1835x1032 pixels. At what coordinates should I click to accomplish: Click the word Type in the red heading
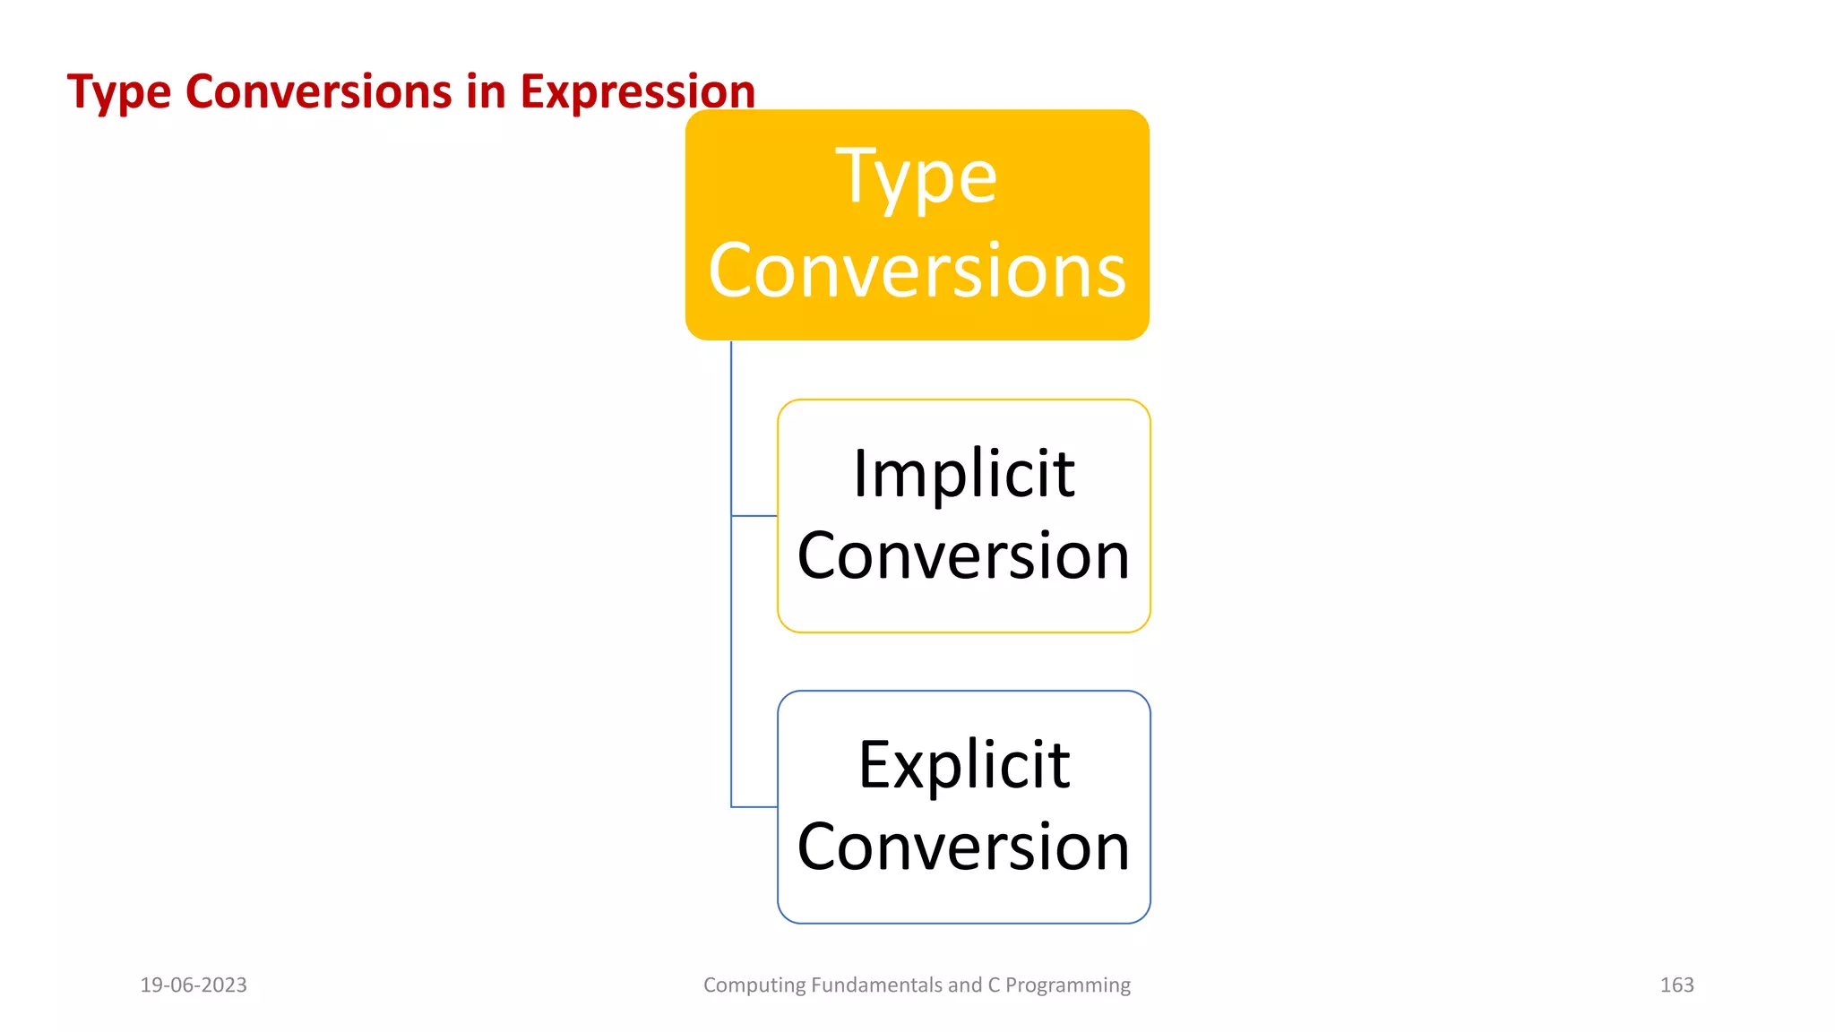point(118,93)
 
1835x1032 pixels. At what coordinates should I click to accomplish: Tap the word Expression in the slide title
point(637,93)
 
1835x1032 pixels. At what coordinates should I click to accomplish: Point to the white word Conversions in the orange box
point(917,271)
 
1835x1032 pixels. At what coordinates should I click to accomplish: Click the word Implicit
point(963,474)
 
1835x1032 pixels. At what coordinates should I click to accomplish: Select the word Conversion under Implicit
point(963,556)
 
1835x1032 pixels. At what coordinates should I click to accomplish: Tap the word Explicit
point(963,766)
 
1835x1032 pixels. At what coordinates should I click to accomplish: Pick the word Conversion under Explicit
point(963,847)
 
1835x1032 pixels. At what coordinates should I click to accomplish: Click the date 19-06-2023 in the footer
point(194,985)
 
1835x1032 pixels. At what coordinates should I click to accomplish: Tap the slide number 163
point(1676,985)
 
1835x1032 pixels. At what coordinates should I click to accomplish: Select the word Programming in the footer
point(1068,985)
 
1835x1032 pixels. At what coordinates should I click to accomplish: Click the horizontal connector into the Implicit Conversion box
point(754,516)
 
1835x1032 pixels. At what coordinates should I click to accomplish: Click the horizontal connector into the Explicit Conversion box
point(754,807)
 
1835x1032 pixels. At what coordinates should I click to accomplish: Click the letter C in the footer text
point(994,985)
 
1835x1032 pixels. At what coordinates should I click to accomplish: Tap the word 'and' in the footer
point(964,985)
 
